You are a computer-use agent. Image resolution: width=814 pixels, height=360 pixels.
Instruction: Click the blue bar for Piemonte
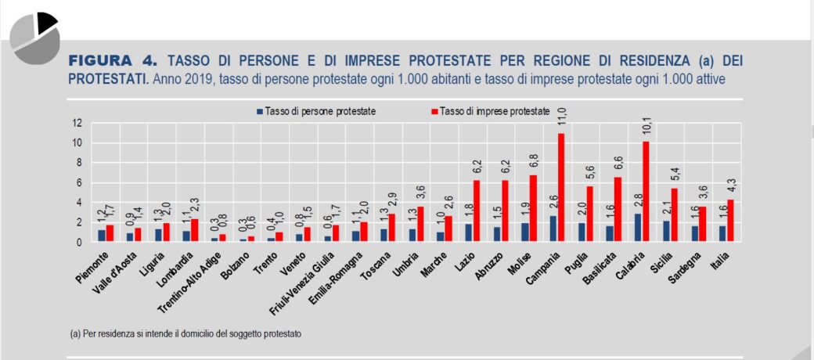point(102,236)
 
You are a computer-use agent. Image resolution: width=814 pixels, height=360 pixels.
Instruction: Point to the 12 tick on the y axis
point(76,123)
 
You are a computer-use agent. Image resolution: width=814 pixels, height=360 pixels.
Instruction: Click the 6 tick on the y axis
point(77,182)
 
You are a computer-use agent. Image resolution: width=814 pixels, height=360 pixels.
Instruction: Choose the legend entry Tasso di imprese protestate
point(490,112)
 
